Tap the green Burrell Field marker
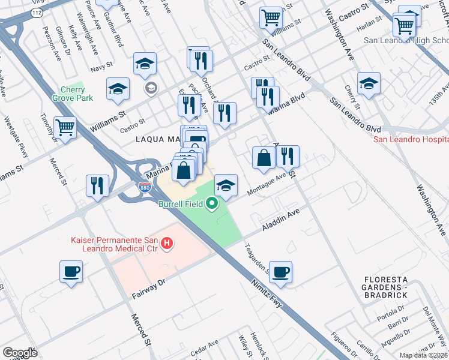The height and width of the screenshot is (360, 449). [211, 205]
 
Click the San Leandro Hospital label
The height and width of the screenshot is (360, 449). [411, 140]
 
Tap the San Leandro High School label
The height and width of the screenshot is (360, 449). [406, 41]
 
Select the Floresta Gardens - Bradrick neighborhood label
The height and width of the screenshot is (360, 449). [393, 286]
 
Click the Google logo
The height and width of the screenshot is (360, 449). [20, 353]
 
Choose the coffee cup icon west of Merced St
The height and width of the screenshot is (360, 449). [71, 271]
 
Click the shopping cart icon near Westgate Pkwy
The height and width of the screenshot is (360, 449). [65, 127]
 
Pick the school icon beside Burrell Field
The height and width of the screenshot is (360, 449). [226, 185]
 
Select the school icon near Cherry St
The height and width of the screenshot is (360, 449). [369, 83]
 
